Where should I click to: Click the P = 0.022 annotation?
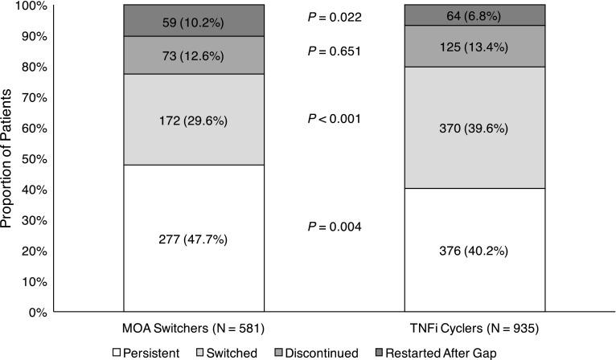335,18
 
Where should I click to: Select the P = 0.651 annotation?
335,51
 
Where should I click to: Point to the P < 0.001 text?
335,119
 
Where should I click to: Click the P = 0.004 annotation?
335,227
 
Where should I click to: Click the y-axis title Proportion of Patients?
8,157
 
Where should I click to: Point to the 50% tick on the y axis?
36,158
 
